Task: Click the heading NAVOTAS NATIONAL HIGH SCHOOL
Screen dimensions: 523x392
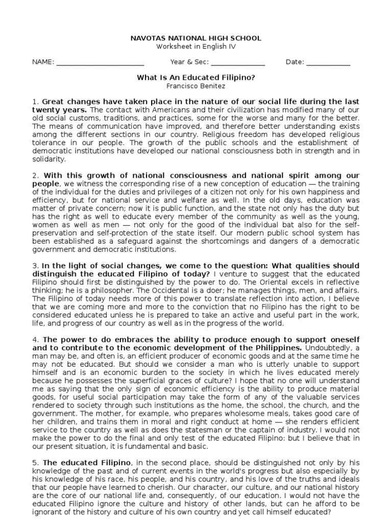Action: coord(196,38)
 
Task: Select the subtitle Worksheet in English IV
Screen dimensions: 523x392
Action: coord(196,46)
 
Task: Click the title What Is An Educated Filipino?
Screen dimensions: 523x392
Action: coord(196,78)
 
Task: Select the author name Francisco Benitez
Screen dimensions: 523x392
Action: coord(196,86)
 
